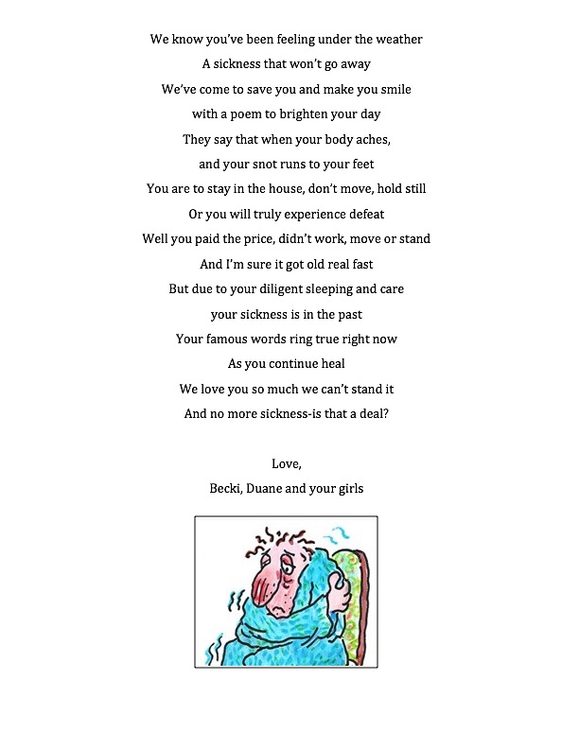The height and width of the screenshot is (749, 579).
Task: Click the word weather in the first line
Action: coord(395,40)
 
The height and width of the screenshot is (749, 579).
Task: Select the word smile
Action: coord(393,90)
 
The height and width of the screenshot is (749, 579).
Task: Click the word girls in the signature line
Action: coord(345,488)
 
